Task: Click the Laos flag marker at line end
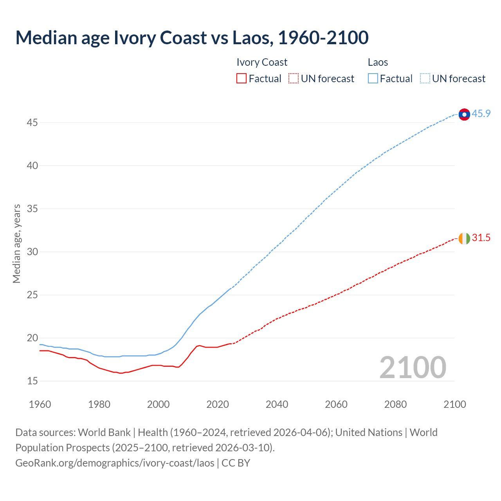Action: click(464, 114)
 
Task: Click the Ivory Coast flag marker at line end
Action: click(464, 238)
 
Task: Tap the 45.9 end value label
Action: click(481, 114)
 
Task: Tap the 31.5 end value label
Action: click(481, 238)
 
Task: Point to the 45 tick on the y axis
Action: click(32, 123)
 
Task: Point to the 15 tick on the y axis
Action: click(32, 381)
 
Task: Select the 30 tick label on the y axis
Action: click(32, 252)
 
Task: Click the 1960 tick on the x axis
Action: click(40, 404)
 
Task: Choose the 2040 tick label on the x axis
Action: click(277, 404)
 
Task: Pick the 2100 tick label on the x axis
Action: click(454, 404)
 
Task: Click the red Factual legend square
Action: click(241, 79)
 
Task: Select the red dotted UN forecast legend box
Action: click(294, 79)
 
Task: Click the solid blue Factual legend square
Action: click(373, 79)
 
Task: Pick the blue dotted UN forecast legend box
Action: click(425, 79)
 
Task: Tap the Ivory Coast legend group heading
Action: click(262, 62)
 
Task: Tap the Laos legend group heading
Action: click(378, 62)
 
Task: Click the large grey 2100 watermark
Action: click(413, 367)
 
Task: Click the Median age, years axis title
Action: click(16, 243)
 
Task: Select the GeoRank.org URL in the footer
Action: click(115, 463)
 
